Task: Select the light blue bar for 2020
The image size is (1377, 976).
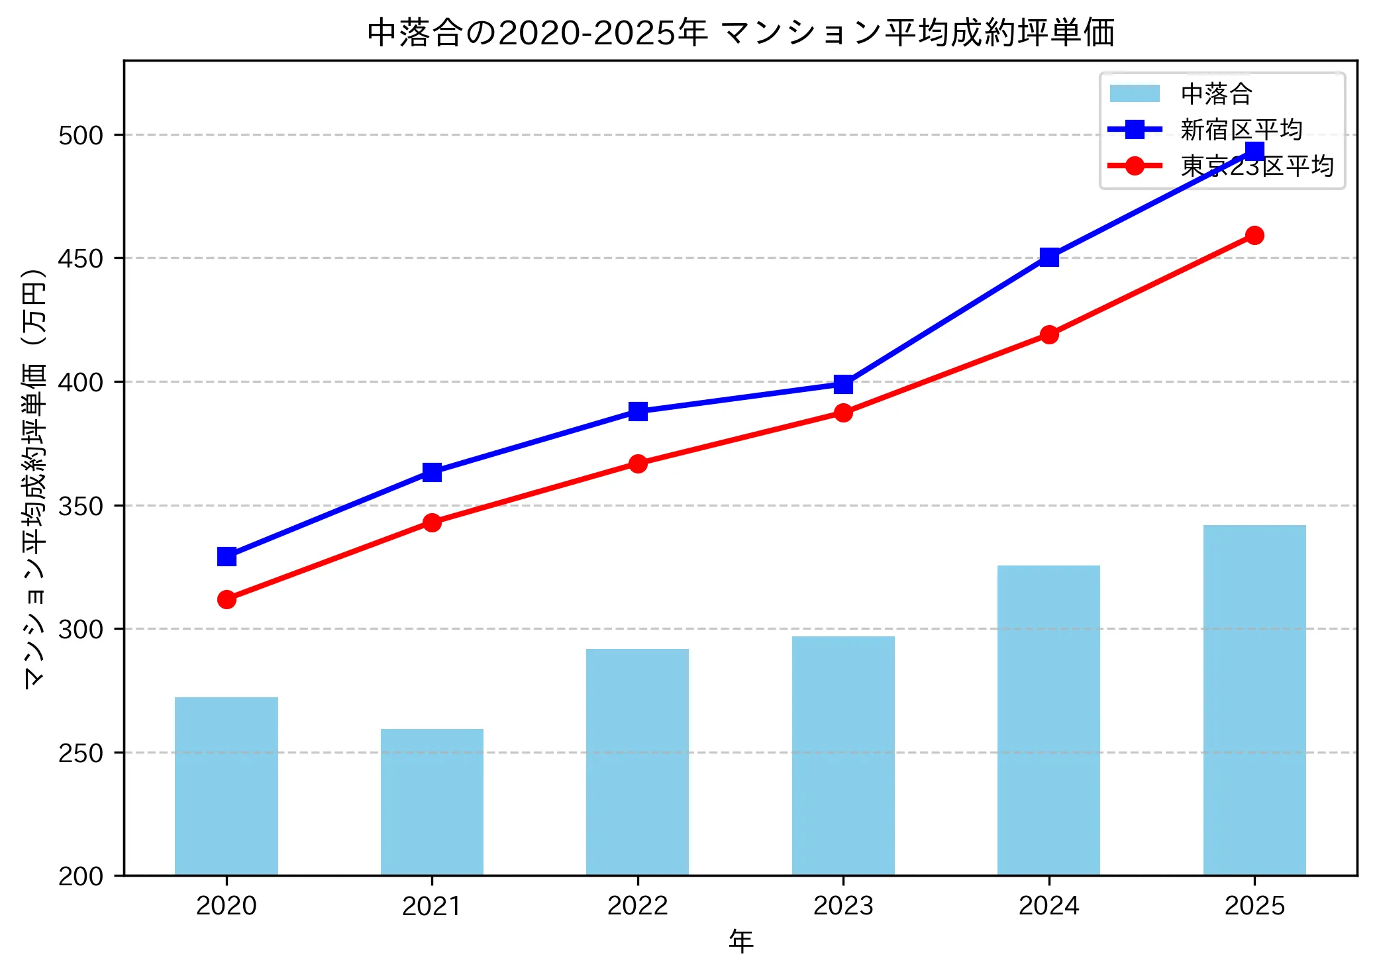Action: pos(227,786)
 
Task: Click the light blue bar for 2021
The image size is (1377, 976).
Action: pos(432,802)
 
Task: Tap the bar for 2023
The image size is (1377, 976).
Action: pos(843,756)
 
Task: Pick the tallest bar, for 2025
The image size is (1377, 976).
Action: pos(1254,700)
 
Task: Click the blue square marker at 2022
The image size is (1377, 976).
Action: pos(638,411)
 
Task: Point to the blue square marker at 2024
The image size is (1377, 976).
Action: pos(1049,257)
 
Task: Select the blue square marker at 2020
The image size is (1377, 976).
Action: pos(227,556)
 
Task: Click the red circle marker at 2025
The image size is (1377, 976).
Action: pos(1254,235)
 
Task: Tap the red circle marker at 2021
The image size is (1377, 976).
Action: pos(432,522)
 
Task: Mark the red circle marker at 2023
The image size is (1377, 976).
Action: pos(843,413)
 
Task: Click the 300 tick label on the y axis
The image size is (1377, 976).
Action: pos(81,629)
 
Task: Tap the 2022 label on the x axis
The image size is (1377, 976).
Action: pos(638,905)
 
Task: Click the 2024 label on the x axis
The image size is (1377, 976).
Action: pos(1049,905)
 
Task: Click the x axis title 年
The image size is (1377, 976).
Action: pos(740,941)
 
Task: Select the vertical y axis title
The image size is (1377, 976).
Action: pos(34,478)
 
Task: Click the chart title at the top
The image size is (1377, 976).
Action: pos(740,32)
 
